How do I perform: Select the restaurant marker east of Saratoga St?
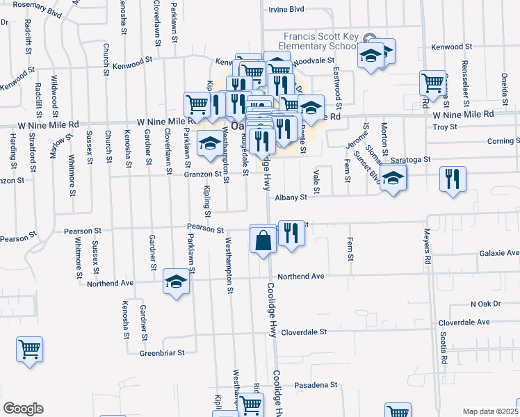coord(453,179)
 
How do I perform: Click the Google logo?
coord(23,409)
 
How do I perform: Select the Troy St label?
coord(445,127)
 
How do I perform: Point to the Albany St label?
coord(291,197)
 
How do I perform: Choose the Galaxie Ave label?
coord(499,253)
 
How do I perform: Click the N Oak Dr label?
coord(485,304)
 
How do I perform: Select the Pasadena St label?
coord(314,384)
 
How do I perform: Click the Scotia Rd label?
coord(442,347)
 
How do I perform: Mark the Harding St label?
coord(13,151)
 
